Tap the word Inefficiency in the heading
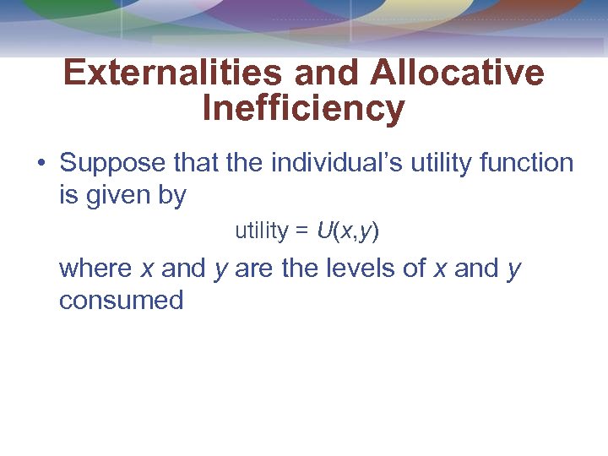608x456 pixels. click(303, 109)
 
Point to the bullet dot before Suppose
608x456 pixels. click(41, 163)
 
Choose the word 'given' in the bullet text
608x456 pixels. click(121, 196)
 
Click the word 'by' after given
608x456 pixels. click(172, 196)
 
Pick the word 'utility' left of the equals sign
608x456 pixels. click(262, 231)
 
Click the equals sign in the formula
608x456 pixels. click(302, 231)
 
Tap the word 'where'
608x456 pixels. click(95, 269)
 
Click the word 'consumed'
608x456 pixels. click(121, 300)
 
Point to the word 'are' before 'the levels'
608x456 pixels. click(252, 269)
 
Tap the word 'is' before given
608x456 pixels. click(68, 196)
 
